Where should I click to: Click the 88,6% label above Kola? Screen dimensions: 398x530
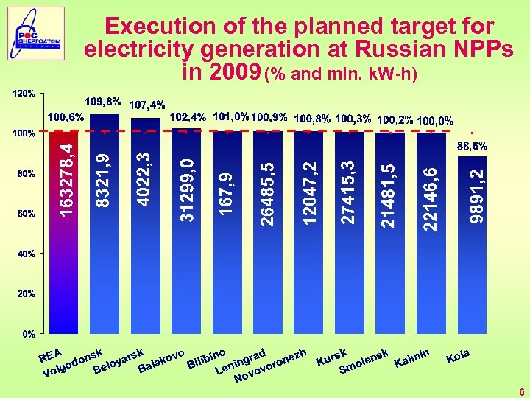tap(472, 147)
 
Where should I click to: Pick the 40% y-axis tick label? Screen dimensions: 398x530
tap(26, 254)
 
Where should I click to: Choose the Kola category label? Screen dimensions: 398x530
tap(459, 357)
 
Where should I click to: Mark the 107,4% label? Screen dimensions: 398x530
tap(147, 104)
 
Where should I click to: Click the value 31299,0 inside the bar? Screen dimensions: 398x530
tap(188, 190)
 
